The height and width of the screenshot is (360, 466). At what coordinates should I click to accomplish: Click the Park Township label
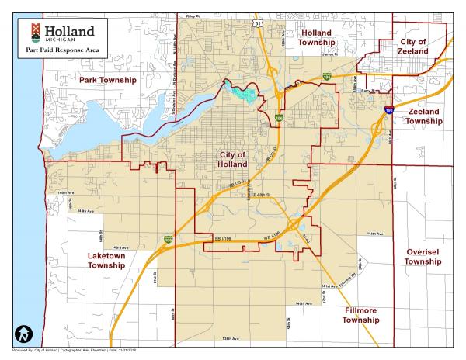(107, 80)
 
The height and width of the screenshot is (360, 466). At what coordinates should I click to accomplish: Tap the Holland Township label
(316, 38)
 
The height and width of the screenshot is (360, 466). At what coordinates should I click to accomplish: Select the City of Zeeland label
(412, 46)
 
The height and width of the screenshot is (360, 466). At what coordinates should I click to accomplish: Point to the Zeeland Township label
(423, 116)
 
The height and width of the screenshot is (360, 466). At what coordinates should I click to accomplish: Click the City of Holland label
(232, 159)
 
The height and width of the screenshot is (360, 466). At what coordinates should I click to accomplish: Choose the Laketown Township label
(106, 260)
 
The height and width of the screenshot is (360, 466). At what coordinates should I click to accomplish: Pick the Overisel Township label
(423, 257)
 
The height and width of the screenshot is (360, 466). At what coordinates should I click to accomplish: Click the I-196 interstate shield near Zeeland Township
(389, 111)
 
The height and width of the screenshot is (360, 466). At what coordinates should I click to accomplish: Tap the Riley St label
(193, 15)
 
